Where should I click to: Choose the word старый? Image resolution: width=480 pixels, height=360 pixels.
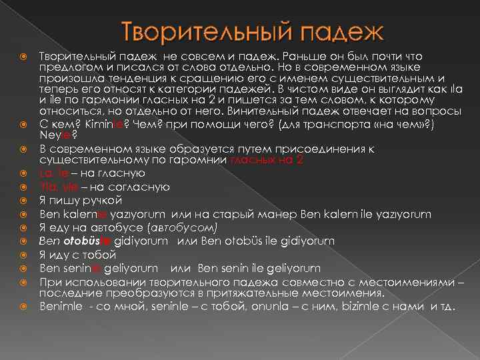[x=251, y=214]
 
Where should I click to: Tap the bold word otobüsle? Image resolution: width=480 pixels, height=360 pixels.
[x=87, y=241]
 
